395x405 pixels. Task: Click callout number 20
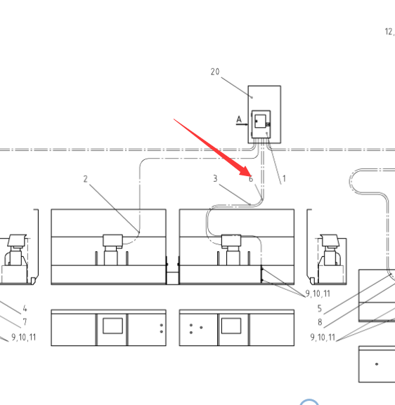215,72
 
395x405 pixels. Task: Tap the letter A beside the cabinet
239,119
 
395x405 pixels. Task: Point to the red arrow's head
246,172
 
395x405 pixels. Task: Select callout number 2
86,179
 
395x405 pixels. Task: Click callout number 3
215,178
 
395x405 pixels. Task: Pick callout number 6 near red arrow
251,179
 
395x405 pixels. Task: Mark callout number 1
284,178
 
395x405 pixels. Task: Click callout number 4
25,308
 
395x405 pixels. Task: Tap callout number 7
25,322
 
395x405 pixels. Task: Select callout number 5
320,308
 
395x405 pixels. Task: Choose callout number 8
320,322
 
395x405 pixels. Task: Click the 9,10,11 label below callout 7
24,338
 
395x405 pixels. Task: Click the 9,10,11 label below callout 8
323,338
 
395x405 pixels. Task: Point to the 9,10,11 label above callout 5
318,293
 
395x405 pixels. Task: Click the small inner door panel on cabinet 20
260,121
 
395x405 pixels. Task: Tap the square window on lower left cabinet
112,326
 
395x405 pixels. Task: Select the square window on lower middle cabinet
231,326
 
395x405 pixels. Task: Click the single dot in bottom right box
377,364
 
